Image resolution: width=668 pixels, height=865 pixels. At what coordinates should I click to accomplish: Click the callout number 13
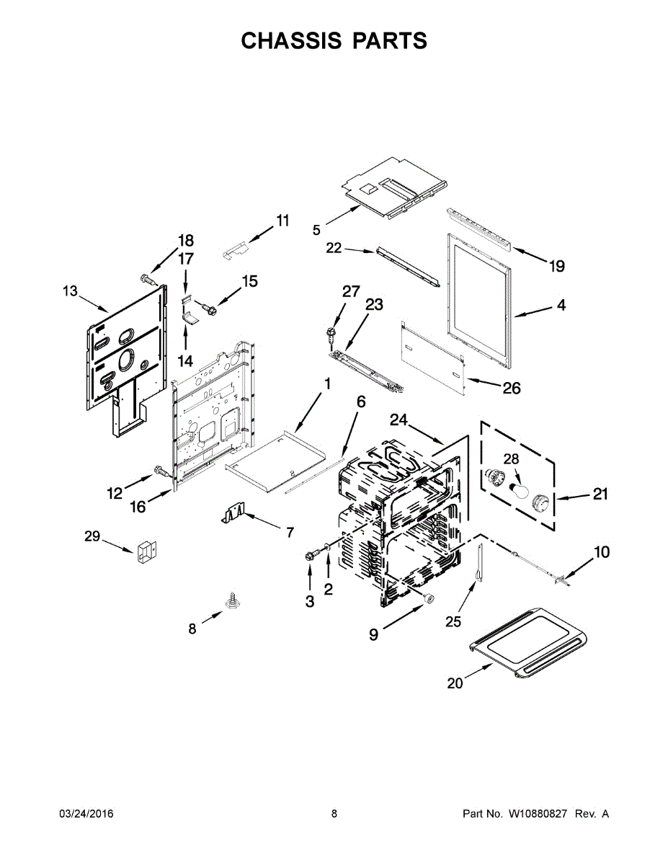[69, 291]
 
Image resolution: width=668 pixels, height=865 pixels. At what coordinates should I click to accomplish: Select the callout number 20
[455, 683]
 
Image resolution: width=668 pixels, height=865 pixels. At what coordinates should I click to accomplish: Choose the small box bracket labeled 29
[146, 552]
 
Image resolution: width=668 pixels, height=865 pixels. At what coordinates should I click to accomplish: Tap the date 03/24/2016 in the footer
[86, 814]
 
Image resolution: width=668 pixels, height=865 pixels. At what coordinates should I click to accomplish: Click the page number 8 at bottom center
[334, 814]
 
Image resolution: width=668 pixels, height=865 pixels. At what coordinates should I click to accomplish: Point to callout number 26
[511, 389]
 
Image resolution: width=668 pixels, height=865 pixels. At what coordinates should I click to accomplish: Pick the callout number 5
[316, 230]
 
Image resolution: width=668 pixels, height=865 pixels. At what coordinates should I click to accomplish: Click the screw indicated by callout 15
[210, 308]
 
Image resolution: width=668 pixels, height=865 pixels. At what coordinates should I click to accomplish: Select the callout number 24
[399, 420]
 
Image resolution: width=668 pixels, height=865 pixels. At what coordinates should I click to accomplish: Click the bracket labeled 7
[232, 514]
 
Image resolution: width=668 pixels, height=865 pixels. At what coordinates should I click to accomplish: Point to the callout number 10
[601, 552]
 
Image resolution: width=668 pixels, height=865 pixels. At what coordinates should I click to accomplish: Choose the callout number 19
[556, 267]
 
